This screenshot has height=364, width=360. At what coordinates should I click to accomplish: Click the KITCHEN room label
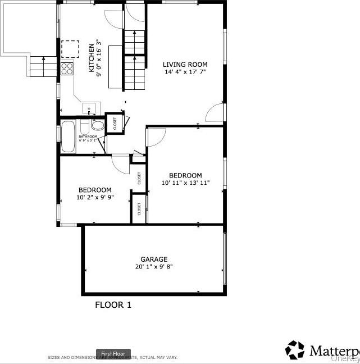pyautogui.click(x=91, y=59)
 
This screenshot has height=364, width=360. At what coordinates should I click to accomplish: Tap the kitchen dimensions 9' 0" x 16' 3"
pyautogui.click(x=98, y=58)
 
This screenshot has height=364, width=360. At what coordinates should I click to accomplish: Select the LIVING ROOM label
pyautogui.click(x=185, y=64)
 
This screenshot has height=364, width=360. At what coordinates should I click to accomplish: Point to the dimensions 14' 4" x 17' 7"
pyautogui.click(x=185, y=72)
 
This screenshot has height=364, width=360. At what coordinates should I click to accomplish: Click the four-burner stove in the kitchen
pyautogui.click(x=67, y=69)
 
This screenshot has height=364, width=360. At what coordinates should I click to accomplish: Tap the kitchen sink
pyautogui.click(x=89, y=108)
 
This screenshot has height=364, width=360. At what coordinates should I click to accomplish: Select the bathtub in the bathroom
pyautogui.click(x=68, y=136)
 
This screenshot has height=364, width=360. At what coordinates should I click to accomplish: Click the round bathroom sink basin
pyautogui.click(x=98, y=125)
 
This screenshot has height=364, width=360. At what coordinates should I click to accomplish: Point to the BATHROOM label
pyautogui.click(x=88, y=136)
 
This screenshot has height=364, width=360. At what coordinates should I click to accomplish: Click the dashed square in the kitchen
pyautogui.click(x=70, y=49)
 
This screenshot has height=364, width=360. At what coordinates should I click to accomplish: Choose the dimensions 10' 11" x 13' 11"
pyautogui.click(x=185, y=183)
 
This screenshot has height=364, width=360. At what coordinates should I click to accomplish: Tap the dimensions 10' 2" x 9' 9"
pyautogui.click(x=95, y=197)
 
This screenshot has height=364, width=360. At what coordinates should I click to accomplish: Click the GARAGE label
pyautogui.click(x=154, y=259)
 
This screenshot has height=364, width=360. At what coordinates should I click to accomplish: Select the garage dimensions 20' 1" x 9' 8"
pyautogui.click(x=154, y=267)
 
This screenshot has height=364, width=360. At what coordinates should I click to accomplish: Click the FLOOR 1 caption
pyautogui.click(x=113, y=305)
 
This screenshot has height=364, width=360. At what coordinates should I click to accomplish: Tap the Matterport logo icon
pyautogui.click(x=295, y=349)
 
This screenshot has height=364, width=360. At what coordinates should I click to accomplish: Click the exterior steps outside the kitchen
pyautogui.click(x=44, y=67)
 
